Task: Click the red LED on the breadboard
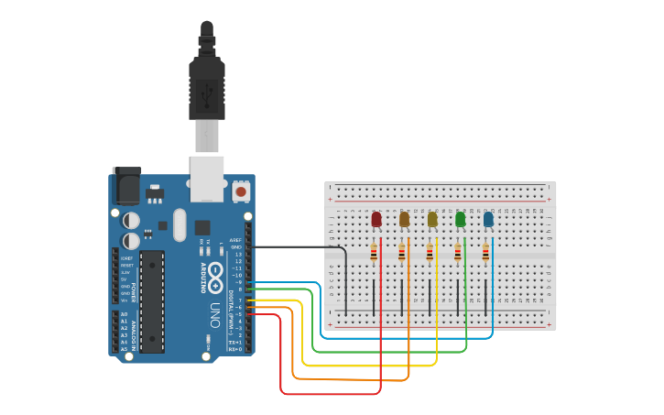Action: (x=376, y=219)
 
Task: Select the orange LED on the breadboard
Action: (x=404, y=219)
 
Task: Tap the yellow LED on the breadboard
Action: (x=432, y=219)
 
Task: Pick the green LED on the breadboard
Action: (x=460, y=219)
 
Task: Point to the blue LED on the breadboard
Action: (x=488, y=219)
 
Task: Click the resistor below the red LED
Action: (x=374, y=253)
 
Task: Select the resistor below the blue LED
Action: (x=485, y=253)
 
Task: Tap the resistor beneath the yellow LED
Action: (x=430, y=253)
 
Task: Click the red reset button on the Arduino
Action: (x=241, y=191)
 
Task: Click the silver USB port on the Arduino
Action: (x=206, y=178)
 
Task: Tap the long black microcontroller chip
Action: (x=151, y=300)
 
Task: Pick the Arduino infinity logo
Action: (x=216, y=272)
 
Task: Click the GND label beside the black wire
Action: (x=236, y=246)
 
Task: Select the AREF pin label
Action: (x=235, y=240)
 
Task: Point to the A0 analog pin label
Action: (x=124, y=314)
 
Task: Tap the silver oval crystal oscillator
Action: (x=180, y=225)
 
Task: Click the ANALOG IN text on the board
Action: (x=134, y=336)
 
